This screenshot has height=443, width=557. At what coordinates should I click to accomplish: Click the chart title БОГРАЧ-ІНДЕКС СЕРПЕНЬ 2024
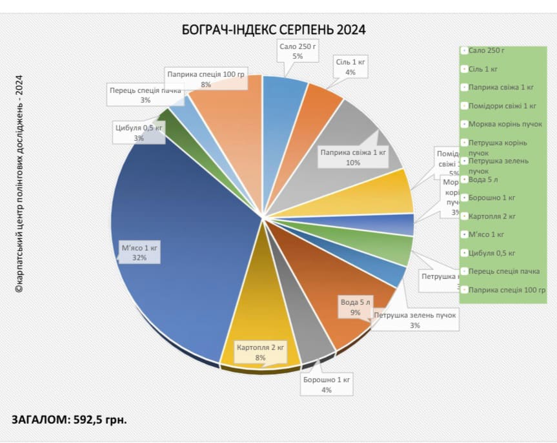point(274,30)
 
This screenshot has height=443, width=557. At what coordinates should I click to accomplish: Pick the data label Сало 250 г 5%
point(297,52)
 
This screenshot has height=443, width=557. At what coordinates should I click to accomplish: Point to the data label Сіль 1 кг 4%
point(350,67)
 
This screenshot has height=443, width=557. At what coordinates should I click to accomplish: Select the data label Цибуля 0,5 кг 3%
point(139,133)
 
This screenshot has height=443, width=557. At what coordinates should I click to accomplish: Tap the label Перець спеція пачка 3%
point(145,95)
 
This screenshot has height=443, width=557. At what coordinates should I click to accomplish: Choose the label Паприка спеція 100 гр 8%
point(206,79)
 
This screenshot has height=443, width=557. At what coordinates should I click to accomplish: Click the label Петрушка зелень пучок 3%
point(414,320)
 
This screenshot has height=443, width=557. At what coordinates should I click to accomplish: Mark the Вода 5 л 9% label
point(356,307)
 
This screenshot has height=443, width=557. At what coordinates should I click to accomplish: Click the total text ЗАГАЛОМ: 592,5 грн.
point(69,419)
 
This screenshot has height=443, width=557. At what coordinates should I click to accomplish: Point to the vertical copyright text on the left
point(19,184)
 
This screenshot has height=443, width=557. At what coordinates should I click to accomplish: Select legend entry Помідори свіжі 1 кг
point(502,106)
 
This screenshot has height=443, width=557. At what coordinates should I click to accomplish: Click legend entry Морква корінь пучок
point(505,124)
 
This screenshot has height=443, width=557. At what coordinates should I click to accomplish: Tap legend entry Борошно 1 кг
point(492,198)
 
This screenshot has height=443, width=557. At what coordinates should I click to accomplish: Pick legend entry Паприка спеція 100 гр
point(507,290)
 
